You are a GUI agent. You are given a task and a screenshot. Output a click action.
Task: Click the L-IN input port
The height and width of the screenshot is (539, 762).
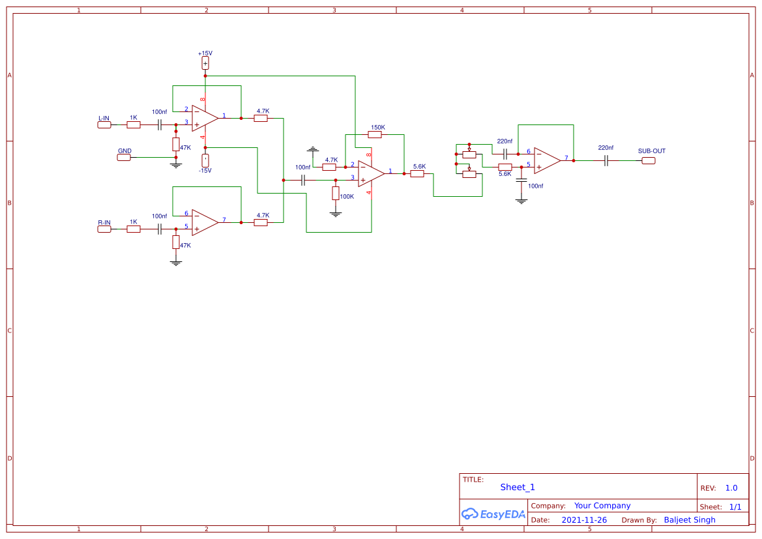pyautogui.click(x=104, y=124)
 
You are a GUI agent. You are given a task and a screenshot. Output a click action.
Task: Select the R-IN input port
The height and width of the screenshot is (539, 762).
pyautogui.click(x=104, y=229)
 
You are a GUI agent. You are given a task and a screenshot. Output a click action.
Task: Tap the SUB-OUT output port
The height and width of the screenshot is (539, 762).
pyautogui.click(x=649, y=160)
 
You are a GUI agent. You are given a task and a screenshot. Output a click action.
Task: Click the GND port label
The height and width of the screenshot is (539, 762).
pyautogui.click(x=124, y=157)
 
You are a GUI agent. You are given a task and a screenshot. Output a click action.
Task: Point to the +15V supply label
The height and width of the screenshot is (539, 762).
pyautogui.click(x=205, y=53)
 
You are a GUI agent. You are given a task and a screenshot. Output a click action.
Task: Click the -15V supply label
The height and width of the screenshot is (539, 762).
pyautogui.click(x=205, y=170)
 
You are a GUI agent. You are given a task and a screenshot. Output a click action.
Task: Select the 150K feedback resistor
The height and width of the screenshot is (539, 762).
pyautogui.click(x=375, y=134)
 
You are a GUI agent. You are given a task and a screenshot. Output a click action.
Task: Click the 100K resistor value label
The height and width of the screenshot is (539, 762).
pyautogui.click(x=347, y=196)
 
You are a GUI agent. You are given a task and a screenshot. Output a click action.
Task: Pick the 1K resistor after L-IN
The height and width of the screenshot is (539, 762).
pyautogui.click(x=134, y=124)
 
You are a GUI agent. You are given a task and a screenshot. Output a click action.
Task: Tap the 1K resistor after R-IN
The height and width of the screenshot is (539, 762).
pyautogui.click(x=134, y=229)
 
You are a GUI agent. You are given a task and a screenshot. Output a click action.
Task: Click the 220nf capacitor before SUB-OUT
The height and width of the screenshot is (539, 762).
pyautogui.click(x=606, y=160)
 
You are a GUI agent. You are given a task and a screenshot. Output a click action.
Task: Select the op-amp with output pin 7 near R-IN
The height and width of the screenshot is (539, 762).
pyautogui.click(x=205, y=222)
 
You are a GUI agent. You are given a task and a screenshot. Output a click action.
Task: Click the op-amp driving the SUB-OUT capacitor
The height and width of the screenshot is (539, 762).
pyautogui.click(x=547, y=160)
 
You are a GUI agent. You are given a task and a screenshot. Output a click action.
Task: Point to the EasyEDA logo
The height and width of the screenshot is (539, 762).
pyautogui.click(x=493, y=514)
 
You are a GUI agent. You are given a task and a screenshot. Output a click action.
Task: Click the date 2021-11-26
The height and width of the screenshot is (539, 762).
pyautogui.click(x=584, y=520)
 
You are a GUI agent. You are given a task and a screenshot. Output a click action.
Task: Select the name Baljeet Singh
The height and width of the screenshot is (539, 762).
pyautogui.click(x=690, y=520)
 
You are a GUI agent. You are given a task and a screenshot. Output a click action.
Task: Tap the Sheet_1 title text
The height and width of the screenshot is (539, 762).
pyautogui.click(x=518, y=487)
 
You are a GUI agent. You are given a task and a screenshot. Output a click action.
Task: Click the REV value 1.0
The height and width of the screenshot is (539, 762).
pyautogui.click(x=731, y=488)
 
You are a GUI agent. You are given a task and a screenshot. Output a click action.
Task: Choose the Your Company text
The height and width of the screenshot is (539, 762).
pyautogui.click(x=602, y=505)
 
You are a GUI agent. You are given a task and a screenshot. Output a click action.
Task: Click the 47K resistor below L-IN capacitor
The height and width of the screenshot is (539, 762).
pyautogui.click(x=176, y=144)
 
